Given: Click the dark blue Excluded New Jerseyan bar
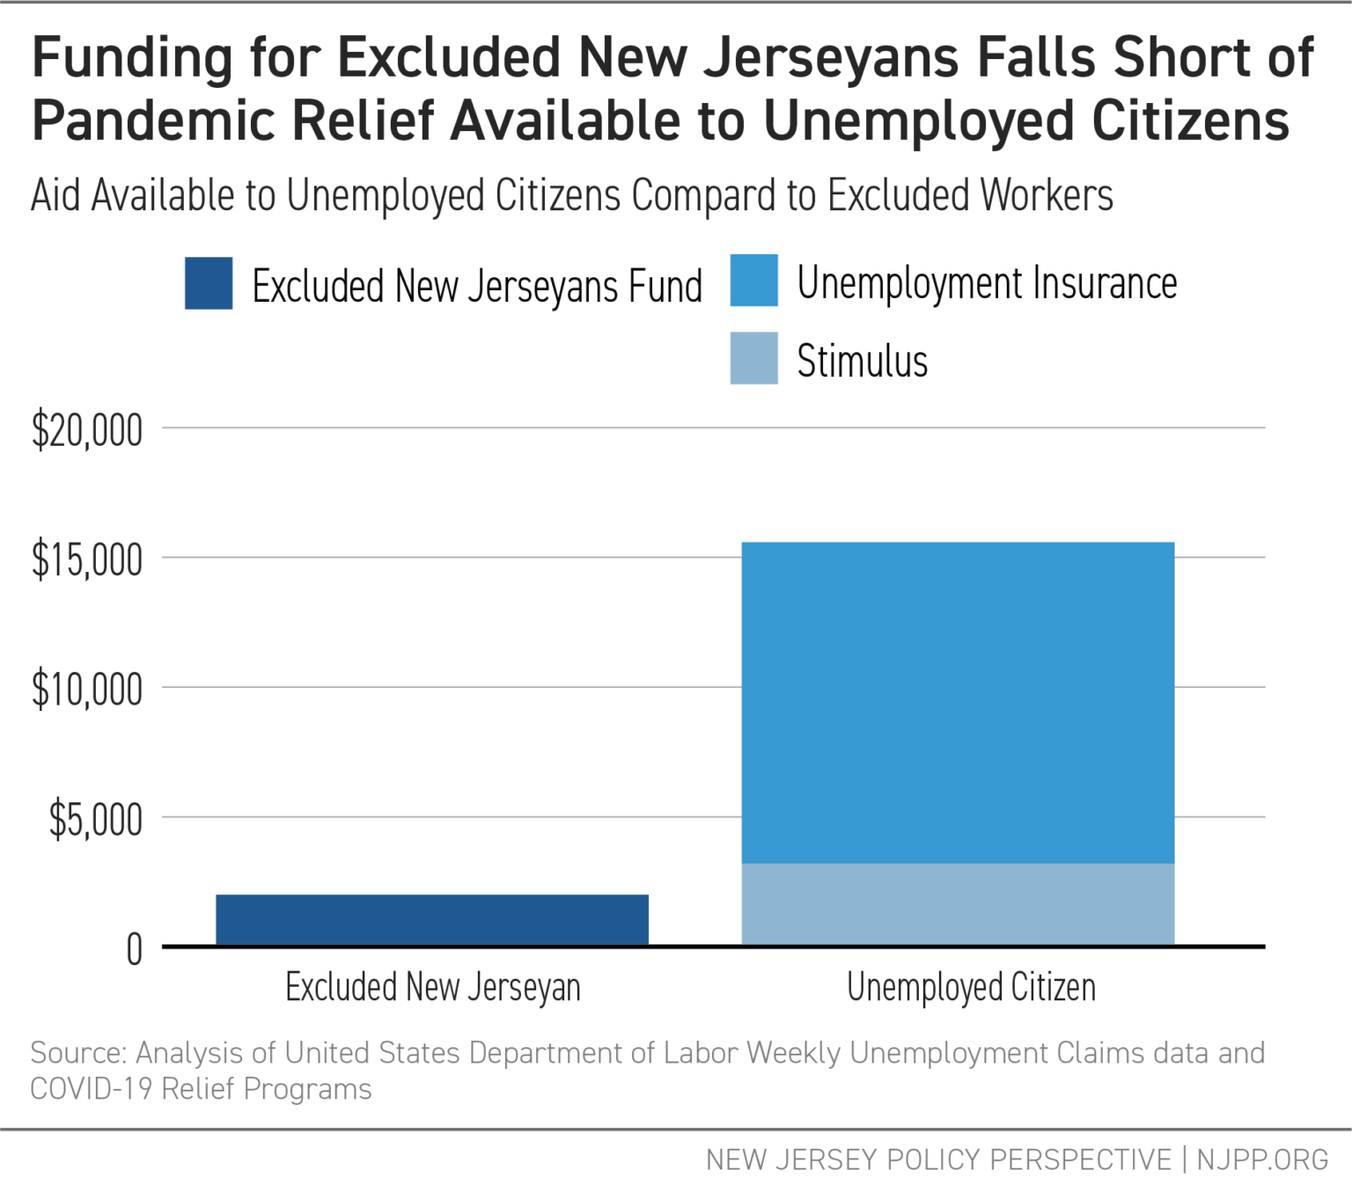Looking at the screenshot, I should (432, 919).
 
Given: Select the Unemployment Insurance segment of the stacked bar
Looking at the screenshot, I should (958, 702).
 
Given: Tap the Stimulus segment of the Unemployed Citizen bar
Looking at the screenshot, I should (958, 903).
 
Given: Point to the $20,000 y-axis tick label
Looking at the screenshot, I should (87, 431).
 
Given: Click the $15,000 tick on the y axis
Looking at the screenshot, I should (87, 560).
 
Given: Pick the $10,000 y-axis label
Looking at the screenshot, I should (87, 690).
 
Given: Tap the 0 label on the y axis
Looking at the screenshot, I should (134, 949).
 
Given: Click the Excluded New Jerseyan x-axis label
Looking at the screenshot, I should (432, 988).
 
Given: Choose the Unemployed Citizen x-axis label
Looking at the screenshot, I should (971, 988).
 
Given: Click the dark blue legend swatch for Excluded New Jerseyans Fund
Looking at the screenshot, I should (209, 283).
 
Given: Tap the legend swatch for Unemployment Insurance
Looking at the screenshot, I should (753, 281).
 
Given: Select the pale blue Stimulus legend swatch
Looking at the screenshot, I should (753, 358).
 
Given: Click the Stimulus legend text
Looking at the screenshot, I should (862, 361).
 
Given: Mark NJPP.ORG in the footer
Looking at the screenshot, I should (1262, 1159).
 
